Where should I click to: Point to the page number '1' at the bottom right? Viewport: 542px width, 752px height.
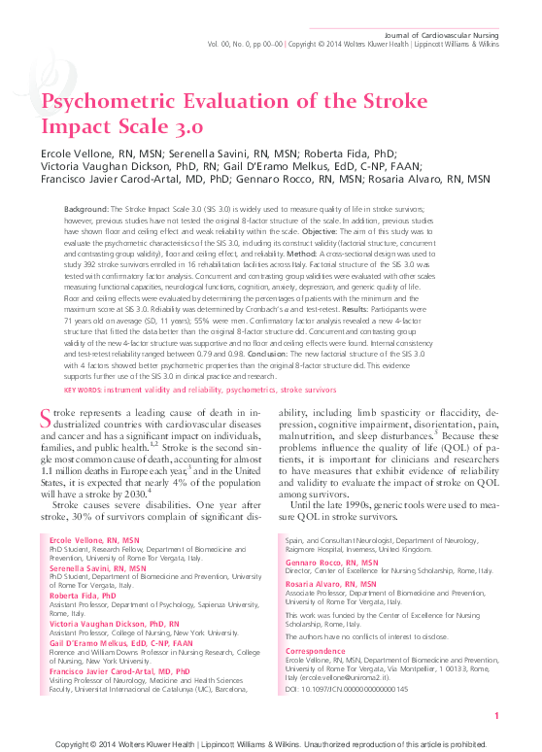click(x=496, y=716)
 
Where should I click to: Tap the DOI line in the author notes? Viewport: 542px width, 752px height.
click(x=347, y=687)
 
